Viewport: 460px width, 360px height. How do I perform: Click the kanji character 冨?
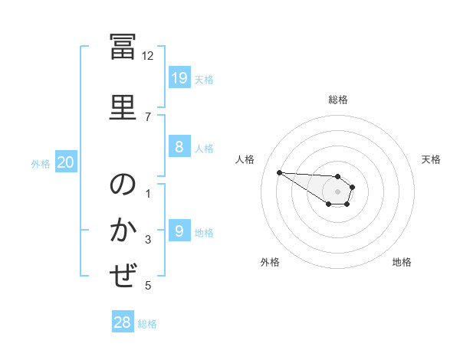tap(123, 46)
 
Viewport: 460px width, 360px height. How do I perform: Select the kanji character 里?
tap(123, 107)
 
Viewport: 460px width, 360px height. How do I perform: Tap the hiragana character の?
tap(123, 184)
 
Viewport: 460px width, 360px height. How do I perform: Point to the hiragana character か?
tap(123, 229)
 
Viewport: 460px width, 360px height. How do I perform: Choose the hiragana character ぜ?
tap(123, 275)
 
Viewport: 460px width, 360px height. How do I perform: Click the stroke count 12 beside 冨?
tap(147, 56)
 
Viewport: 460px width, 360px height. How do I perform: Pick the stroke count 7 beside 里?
tap(148, 117)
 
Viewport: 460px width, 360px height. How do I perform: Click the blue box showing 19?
tap(179, 77)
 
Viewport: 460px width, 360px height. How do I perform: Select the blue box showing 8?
tap(179, 146)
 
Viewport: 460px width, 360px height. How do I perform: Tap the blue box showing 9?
tap(179, 230)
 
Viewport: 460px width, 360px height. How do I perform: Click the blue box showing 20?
tap(66, 162)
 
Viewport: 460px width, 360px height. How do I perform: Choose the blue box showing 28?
tap(123, 321)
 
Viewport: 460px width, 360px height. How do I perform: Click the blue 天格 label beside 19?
tap(204, 80)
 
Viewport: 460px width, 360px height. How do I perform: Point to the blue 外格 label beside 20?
tap(41, 164)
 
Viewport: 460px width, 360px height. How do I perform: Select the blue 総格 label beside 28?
tap(147, 324)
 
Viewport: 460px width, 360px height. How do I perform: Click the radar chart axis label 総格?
tap(338, 100)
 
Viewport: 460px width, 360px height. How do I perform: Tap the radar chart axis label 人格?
tap(245, 159)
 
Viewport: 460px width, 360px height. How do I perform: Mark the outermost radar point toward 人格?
tap(280, 172)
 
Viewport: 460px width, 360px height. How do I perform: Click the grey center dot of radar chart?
tap(337, 191)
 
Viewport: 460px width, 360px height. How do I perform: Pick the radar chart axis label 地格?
tap(402, 262)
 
